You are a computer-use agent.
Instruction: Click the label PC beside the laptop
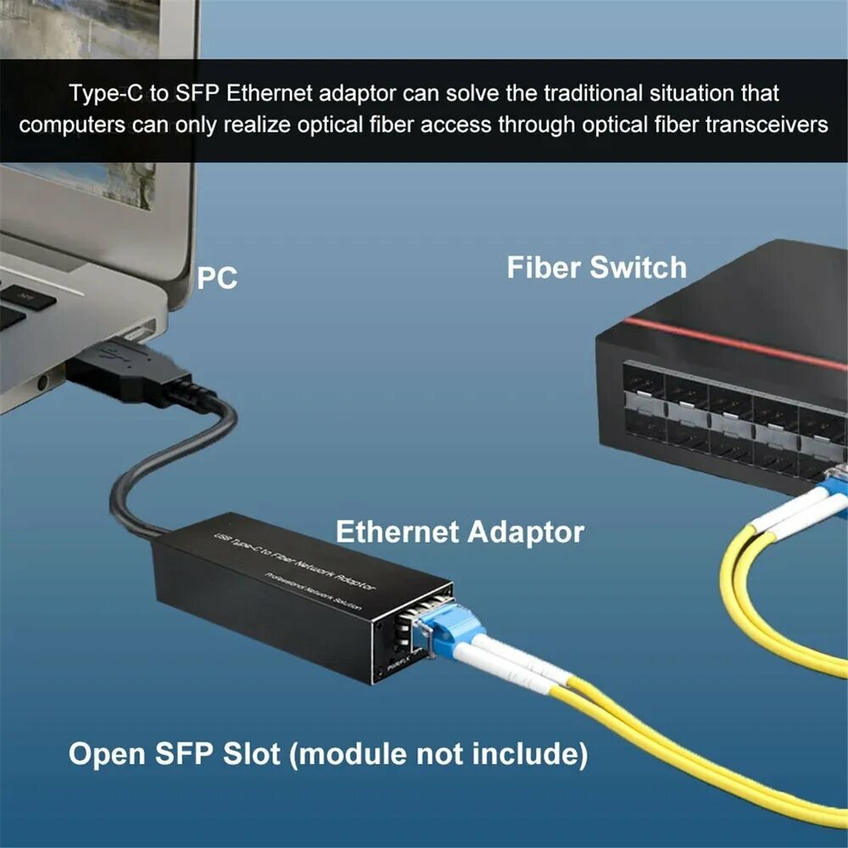(x=218, y=278)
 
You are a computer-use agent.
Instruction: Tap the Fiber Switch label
(x=596, y=267)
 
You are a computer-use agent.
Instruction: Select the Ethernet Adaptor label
(x=460, y=532)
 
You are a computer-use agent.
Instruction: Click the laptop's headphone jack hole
(x=43, y=383)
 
